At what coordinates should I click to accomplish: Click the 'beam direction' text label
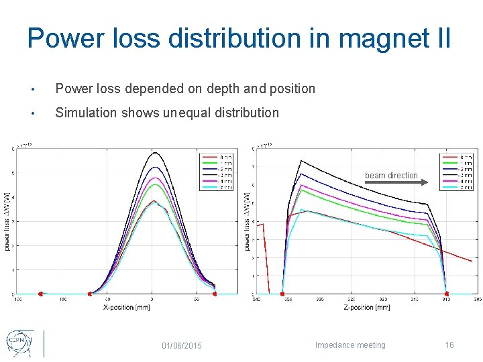coord(391,176)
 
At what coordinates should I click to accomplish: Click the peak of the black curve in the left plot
coord(152,153)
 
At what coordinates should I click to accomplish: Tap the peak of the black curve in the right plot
coord(301,161)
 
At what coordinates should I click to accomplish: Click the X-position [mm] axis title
coord(127,308)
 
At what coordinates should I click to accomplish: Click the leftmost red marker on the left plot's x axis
coord(41,294)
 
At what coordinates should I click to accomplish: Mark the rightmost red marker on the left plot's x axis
coord(215,294)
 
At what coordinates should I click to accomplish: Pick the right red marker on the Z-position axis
coord(447,294)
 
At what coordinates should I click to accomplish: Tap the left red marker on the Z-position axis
coord(282,294)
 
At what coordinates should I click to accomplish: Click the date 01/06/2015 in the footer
coord(182,345)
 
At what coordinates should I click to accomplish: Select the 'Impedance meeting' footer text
coord(351,345)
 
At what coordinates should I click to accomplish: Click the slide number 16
coord(449,345)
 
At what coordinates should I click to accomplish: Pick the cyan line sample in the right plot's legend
coord(449,188)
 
